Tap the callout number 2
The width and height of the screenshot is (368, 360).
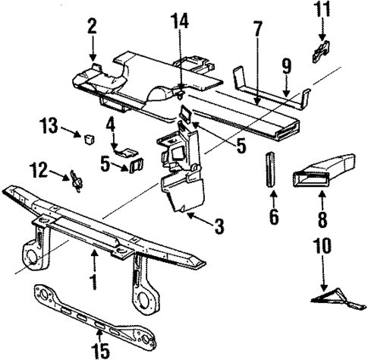point(91,28)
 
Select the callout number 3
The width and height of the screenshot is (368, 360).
point(219,225)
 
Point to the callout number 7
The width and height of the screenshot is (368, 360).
point(257,30)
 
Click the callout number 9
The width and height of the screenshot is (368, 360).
point(287,66)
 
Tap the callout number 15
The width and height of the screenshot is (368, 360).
point(100,351)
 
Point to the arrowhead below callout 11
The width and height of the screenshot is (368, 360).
point(321,39)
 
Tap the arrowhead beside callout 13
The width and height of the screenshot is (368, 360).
point(80,135)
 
